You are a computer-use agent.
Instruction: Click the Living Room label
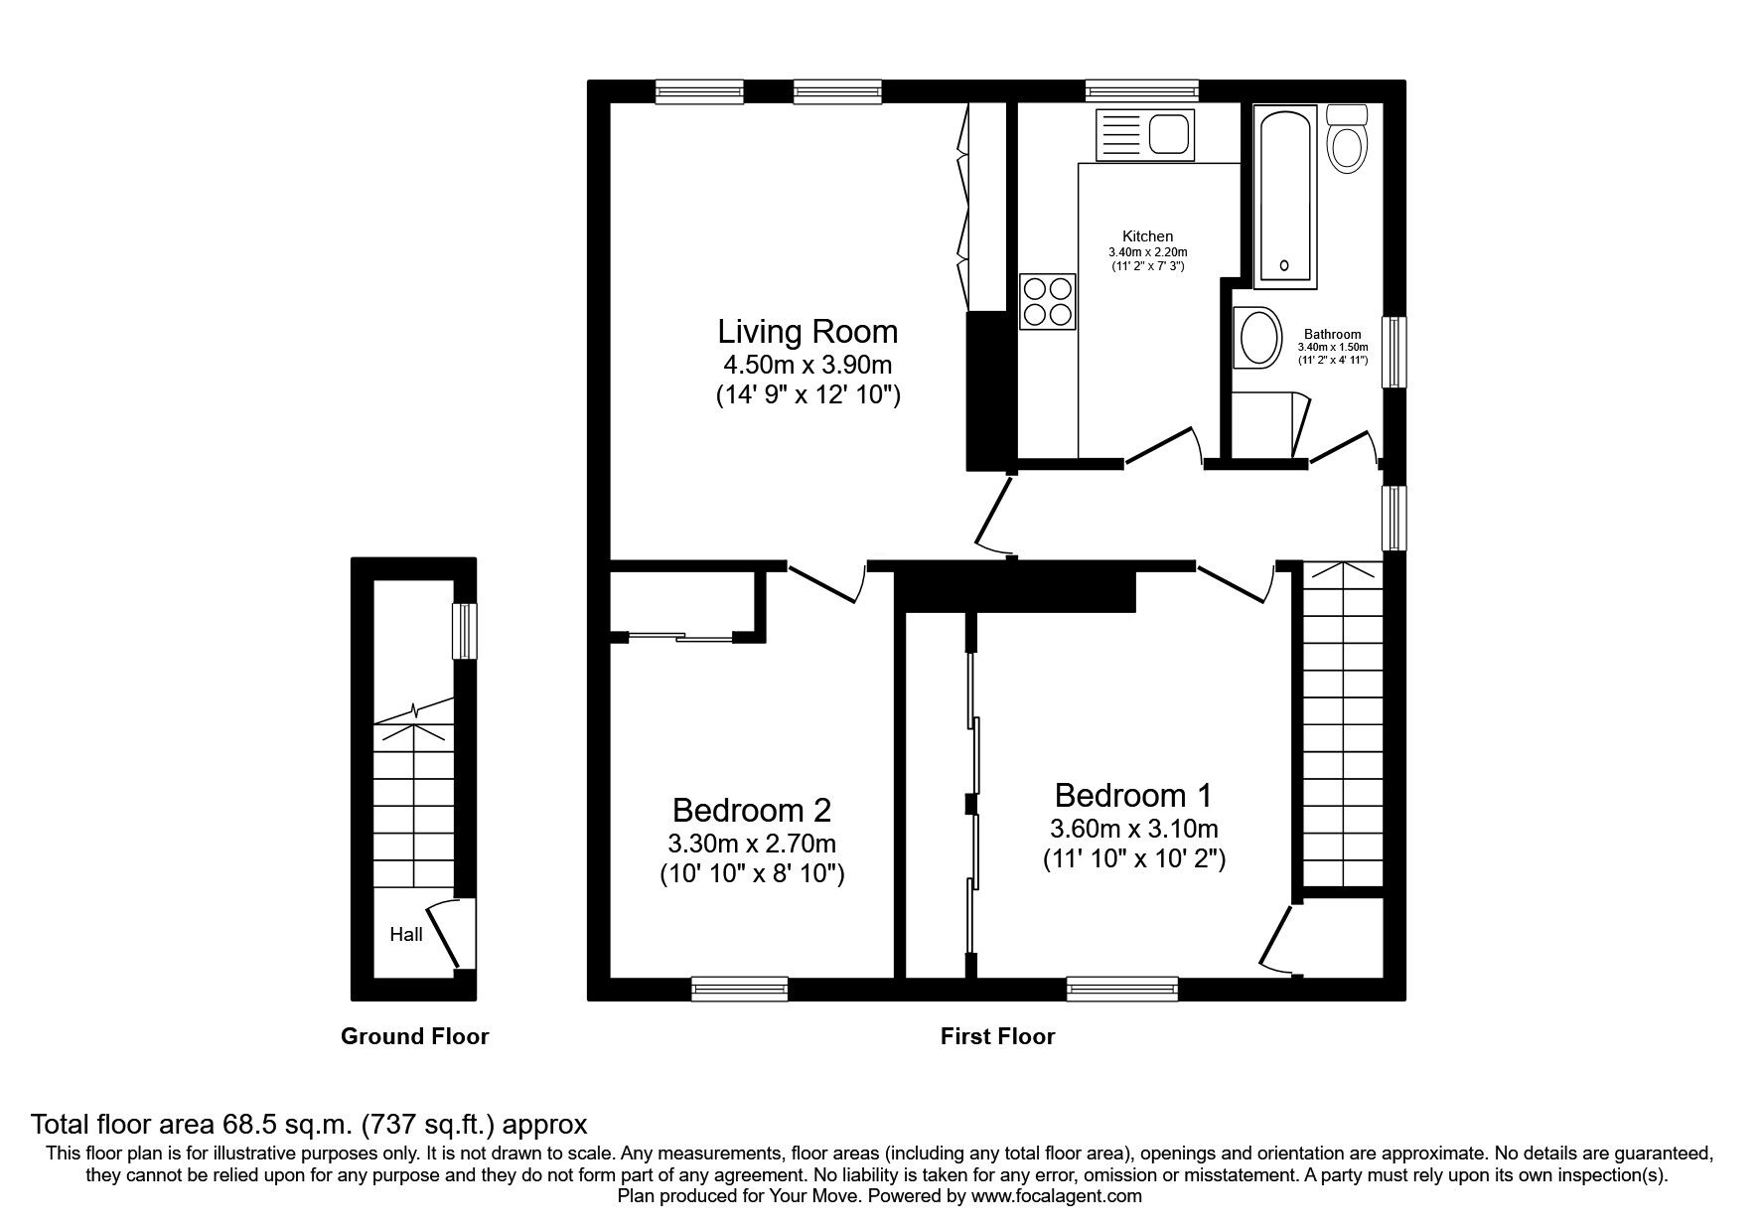(x=807, y=331)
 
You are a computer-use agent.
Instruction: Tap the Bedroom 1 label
(x=1133, y=795)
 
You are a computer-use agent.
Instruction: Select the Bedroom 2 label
(x=752, y=810)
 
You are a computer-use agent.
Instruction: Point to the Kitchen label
(x=1147, y=236)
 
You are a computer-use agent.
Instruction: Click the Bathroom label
(x=1333, y=335)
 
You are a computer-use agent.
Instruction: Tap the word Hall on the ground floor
(x=406, y=934)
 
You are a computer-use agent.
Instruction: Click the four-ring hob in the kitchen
(x=1048, y=300)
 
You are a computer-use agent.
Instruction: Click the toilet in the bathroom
(x=1347, y=137)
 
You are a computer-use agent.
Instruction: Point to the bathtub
(x=1286, y=197)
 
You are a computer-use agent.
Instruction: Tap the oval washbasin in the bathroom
(x=1257, y=338)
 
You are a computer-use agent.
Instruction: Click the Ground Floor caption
(x=415, y=1036)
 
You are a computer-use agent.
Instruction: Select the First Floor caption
(x=997, y=1036)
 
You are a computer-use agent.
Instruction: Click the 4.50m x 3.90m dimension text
(x=807, y=364)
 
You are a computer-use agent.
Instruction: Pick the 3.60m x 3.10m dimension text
(x=1133, y=828)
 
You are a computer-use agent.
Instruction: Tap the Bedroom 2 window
(x=740, y=988)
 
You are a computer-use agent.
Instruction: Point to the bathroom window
(x=1395, y=352)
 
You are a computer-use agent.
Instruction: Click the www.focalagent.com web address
(x=1056, y=1196)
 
